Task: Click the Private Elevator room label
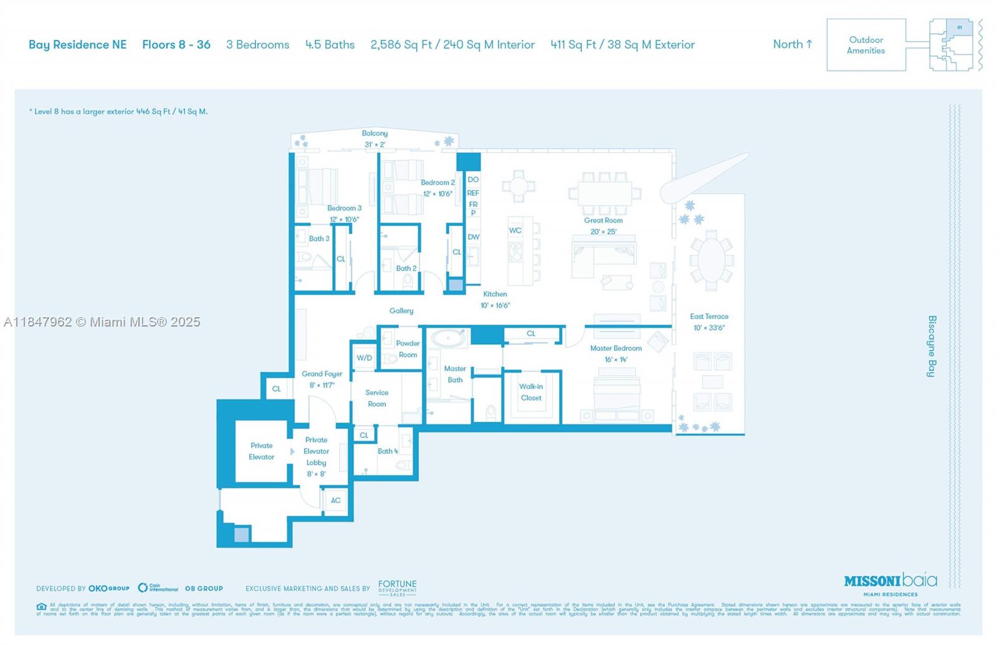point(261,451)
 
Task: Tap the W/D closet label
point(364,358)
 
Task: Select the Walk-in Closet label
point(531,392)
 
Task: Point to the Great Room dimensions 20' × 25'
point(603,232)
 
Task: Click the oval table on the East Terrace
point(711,260)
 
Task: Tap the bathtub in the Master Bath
point(449,338)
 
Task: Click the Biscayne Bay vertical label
point(932,346)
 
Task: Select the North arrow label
point(792,44)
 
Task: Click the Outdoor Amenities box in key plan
point(866,45)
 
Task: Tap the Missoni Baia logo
point(890,581)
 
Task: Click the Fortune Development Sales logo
point(397,588)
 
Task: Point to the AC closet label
point(335,500)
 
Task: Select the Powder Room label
point(408,349)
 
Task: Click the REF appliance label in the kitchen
point(473,193)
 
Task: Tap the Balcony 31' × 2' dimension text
point(374,145)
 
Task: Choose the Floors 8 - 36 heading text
point(176,45)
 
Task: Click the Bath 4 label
point(387,451)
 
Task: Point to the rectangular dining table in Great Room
point(604,193)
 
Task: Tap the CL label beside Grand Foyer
point(276,389)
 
